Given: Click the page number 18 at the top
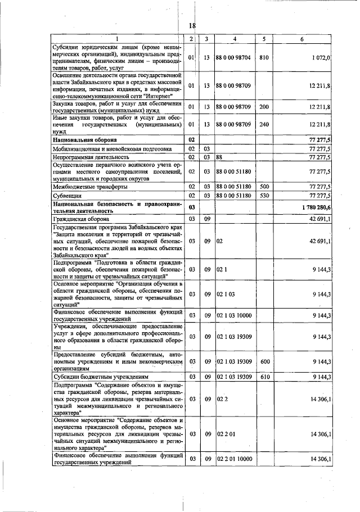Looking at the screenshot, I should click(x=191, y=26).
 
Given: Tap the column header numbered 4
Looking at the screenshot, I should click(x=235, y=38).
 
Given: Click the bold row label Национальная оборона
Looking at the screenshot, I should click(x=85, y=139).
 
